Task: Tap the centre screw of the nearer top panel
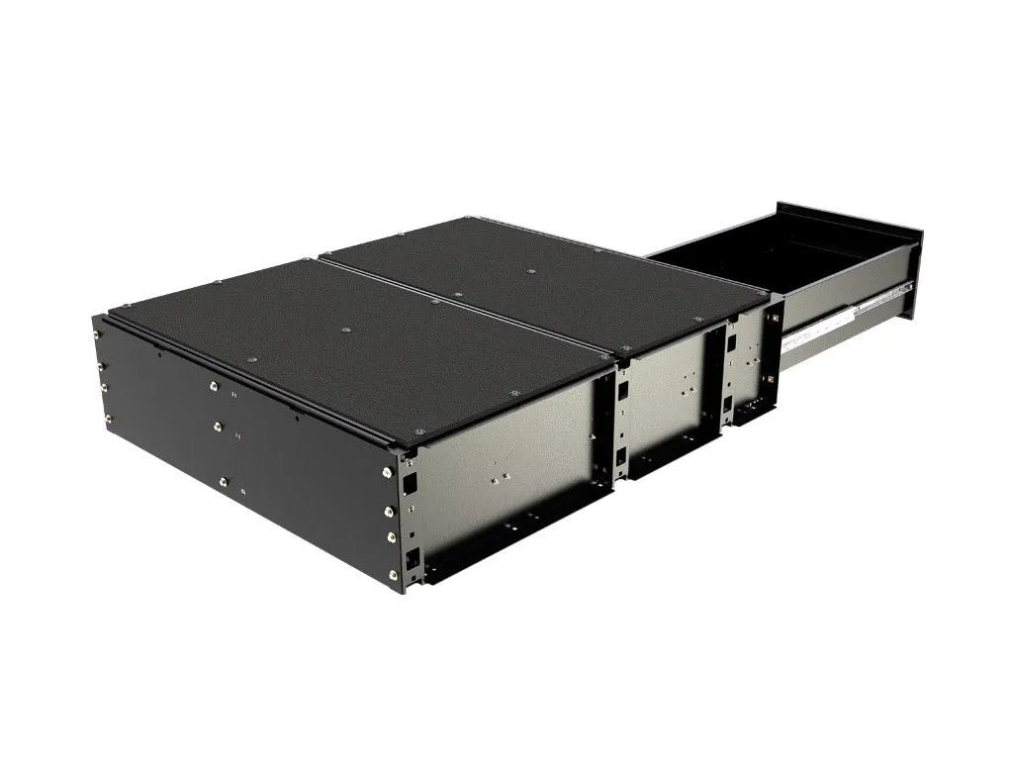coord(345,331)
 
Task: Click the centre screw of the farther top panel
coord(531,271)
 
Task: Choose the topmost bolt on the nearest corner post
coord(387,472)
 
